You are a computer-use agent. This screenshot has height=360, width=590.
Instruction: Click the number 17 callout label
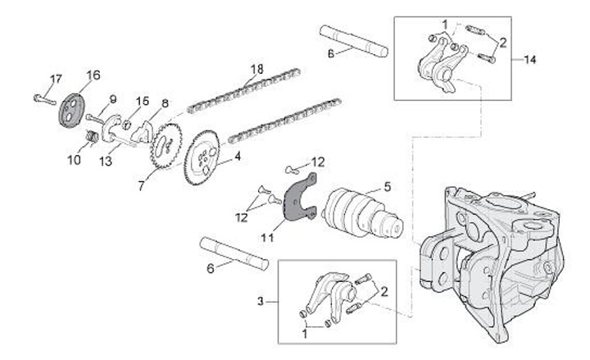coord(55,78)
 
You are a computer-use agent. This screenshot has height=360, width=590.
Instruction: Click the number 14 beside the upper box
coord(530,60)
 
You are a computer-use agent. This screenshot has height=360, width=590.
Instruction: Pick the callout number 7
coord(142,187)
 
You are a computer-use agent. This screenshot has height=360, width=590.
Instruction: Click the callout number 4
coord(238,154)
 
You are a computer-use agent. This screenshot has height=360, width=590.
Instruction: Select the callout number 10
coord(74,160)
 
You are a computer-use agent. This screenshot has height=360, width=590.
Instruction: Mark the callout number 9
coord(112,99)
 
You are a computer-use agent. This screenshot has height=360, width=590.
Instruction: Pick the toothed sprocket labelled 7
coord(166,145)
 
